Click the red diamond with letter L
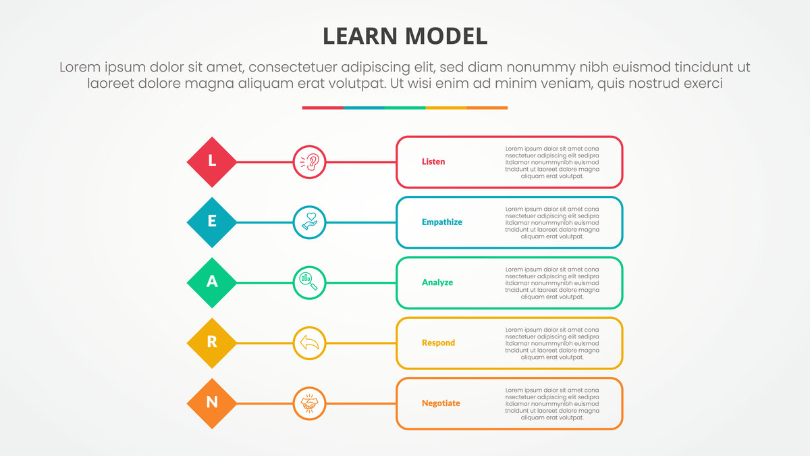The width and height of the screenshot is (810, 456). [x=212, y=162]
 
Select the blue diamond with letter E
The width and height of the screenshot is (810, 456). [x=212, y=222]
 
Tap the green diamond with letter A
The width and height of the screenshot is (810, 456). [x=212, y=282]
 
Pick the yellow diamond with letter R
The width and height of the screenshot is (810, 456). [x=212, y=343]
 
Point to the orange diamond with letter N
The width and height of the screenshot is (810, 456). [x=212, y=403]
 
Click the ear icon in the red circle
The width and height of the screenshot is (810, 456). [x=310, y=162]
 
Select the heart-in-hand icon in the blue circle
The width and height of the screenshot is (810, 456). [x=310, y=222]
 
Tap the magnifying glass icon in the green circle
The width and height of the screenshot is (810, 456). [x=310, y=282]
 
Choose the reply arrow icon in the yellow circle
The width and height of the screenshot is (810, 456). [x=310, y=343]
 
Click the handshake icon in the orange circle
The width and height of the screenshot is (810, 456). [x=310, y=403]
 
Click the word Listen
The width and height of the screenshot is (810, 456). [x=433, y=162]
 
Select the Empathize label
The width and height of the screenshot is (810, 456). [x=442, y=222]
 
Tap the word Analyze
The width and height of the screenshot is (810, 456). [x=437, y=282]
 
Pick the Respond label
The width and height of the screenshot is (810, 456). [x=438, y=343]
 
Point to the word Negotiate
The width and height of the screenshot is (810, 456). [x=441, y=403]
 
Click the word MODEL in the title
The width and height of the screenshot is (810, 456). [x=446, y=36]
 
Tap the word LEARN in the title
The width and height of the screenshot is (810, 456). [x=360, y=36]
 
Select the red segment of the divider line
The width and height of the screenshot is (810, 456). [x=323, y=107]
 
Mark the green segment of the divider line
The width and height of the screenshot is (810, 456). [x=405, y=107]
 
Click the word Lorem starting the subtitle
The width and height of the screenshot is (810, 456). [x=80, y=68]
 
